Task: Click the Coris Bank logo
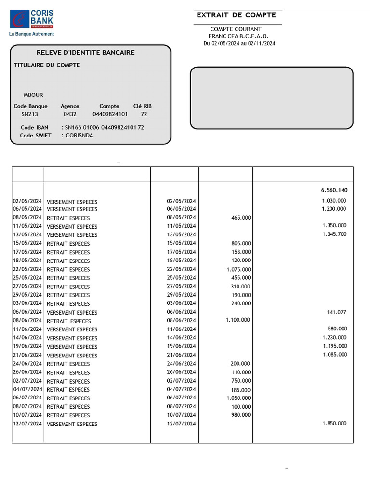[32, 19]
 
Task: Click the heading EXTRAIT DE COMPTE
[236, 15]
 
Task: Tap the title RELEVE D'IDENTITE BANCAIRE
[86, 53]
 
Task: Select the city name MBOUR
[33, 95]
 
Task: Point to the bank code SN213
[29, 115]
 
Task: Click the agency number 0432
[70, 115]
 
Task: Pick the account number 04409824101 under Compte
[110, 115]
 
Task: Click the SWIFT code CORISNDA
[79, 136]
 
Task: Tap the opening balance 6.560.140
[334, 190]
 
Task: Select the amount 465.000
[241, 218]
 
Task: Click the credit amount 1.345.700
[334, 234]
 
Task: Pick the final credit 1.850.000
[334, 424]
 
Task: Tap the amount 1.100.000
[238, 320]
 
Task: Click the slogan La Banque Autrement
[32, 34]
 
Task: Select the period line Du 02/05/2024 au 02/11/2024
[239, 44]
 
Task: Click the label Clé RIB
[143, 106]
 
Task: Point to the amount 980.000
[241, 415]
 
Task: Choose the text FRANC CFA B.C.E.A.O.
[238, 36]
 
